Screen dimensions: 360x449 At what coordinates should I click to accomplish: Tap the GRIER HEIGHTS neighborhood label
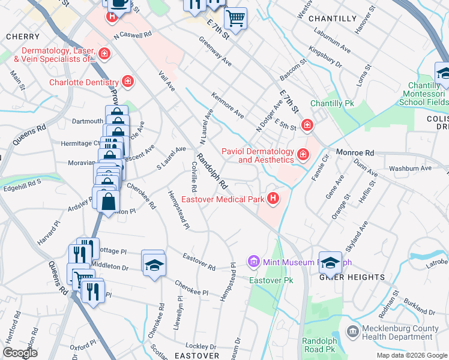352,277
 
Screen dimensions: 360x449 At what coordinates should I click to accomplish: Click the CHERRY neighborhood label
22,37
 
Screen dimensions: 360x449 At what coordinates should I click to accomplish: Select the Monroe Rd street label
355,153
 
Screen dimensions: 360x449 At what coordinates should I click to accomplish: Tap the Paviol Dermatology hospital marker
303,155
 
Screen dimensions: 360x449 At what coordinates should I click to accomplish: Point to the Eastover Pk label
271,281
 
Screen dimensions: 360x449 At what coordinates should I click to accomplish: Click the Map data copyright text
411,355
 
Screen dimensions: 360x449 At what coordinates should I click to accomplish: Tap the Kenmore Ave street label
228,104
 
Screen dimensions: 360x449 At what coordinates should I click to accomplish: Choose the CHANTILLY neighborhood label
333,19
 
